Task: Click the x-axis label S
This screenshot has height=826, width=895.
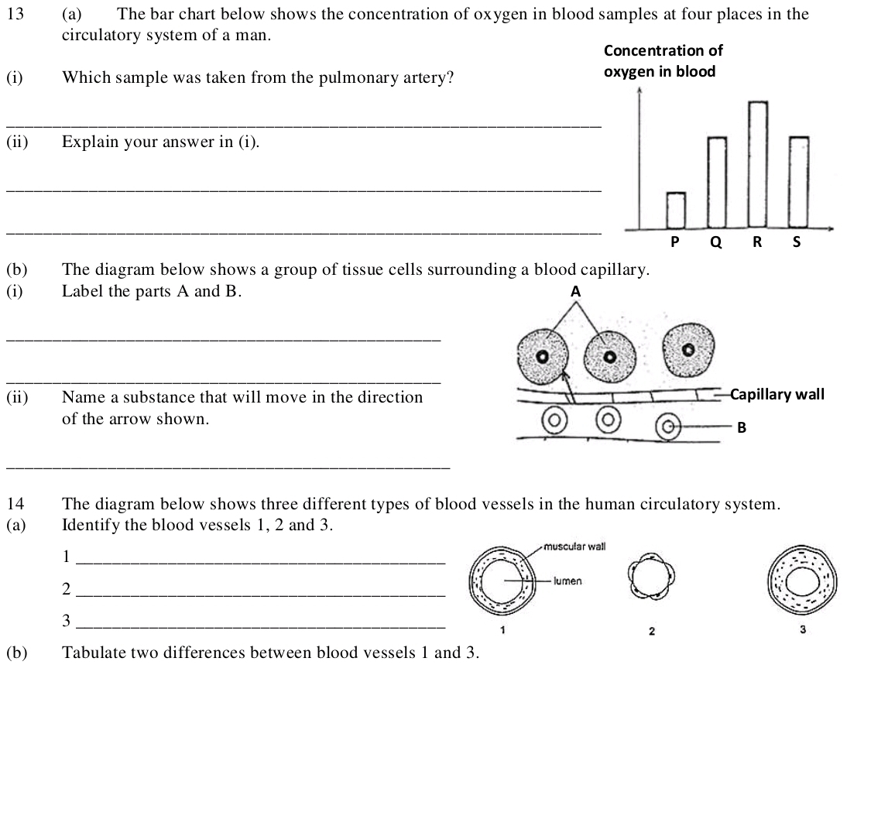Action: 797,242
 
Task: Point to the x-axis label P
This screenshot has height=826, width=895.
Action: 674,242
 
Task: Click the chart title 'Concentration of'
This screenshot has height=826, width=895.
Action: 663,51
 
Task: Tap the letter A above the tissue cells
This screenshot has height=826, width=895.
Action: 574,292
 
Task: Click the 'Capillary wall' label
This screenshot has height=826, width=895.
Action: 777,395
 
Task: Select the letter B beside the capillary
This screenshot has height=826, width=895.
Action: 741,427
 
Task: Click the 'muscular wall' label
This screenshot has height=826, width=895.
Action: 574,547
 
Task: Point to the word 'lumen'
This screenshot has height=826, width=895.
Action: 568,581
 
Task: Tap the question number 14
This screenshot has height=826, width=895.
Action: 14,505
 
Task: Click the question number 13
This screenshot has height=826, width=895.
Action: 14,14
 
